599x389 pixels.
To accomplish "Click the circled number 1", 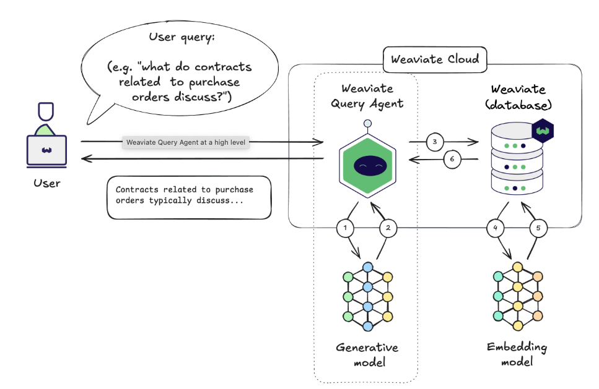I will click(345, 228).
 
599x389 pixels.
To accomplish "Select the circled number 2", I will click(388, 228).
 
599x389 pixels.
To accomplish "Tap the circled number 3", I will click(435, 142).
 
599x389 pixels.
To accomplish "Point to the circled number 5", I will click(538, 228).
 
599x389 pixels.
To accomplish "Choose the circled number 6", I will click(452, 159).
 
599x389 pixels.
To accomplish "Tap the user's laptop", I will click(46, 150).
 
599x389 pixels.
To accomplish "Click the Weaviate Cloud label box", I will click(435, 60).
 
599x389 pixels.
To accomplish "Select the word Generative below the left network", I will click(367, 347).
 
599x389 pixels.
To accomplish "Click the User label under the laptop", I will click(46, 183).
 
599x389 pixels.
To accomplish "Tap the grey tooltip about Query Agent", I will click(186, 142).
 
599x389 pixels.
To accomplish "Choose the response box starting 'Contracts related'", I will click(189, 198).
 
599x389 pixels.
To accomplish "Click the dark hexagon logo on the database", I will click(543, 131).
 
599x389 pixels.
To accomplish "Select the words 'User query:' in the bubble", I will click(181, 38).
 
